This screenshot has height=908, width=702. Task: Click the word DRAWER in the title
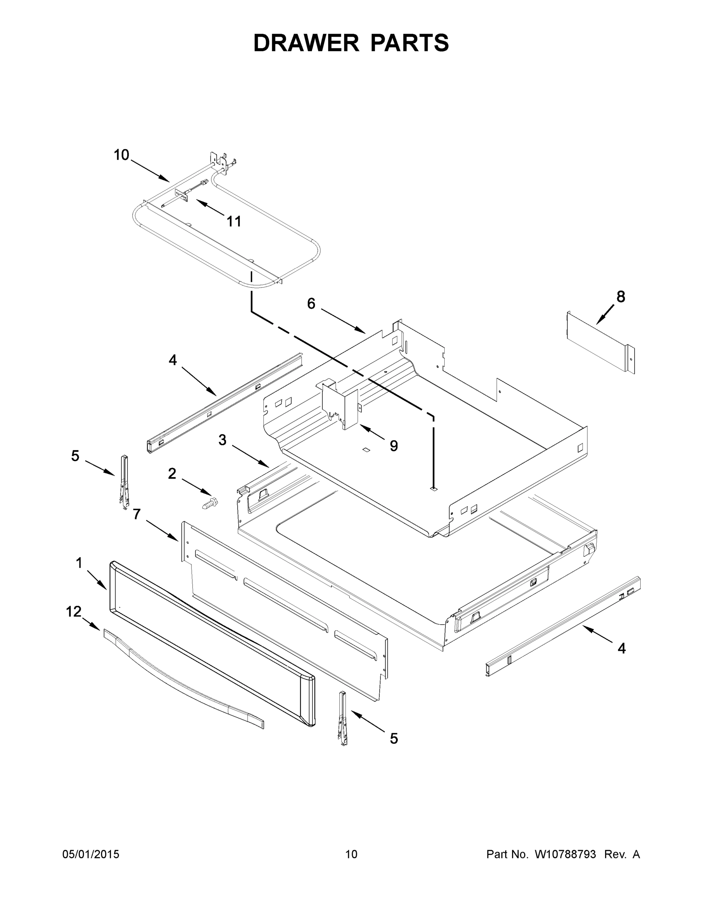click(306, 43)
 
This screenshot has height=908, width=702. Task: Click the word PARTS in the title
click(409, 43)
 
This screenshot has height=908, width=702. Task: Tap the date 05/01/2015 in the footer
click(91, 854)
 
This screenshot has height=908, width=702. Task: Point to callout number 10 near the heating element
click(121, 155)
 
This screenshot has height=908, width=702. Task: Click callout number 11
click(234, 221)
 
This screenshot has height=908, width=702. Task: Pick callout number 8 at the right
click(620, 297)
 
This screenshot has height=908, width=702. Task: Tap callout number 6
click(311, 303)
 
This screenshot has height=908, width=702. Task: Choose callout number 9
click(394, 446)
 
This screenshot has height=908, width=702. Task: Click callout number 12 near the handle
click(74, 611)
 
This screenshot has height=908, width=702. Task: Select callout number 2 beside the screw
click(172, 474)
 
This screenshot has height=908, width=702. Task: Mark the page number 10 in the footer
click(351, 854)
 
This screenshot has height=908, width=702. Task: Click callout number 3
click(223, 440)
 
